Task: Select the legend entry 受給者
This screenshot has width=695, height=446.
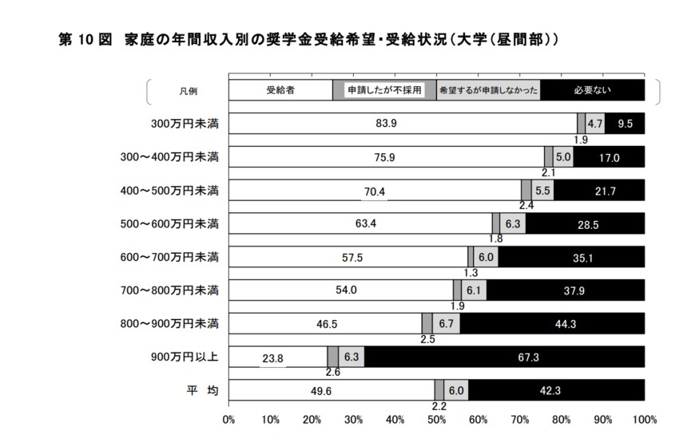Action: (280, 90)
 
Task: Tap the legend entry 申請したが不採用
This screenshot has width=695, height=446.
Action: (383, 90)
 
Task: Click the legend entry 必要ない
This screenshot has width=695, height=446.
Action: (591, 90)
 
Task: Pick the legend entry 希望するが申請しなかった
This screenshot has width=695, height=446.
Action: (488, 90)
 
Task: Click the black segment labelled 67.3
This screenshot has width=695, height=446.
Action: (505, 357)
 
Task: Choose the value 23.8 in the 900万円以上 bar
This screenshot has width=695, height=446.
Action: (272, 358)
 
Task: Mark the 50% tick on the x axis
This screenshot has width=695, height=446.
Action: (437, 419)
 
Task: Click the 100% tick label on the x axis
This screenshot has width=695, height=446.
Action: (644, 419)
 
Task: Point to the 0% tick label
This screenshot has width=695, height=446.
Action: (228, 419)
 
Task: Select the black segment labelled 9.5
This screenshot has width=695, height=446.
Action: (625, 124)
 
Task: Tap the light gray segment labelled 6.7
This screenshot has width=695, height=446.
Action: (446, 324)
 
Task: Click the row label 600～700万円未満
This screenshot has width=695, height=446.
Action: (178, 257)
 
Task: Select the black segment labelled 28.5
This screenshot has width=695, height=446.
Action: (586, 224)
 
